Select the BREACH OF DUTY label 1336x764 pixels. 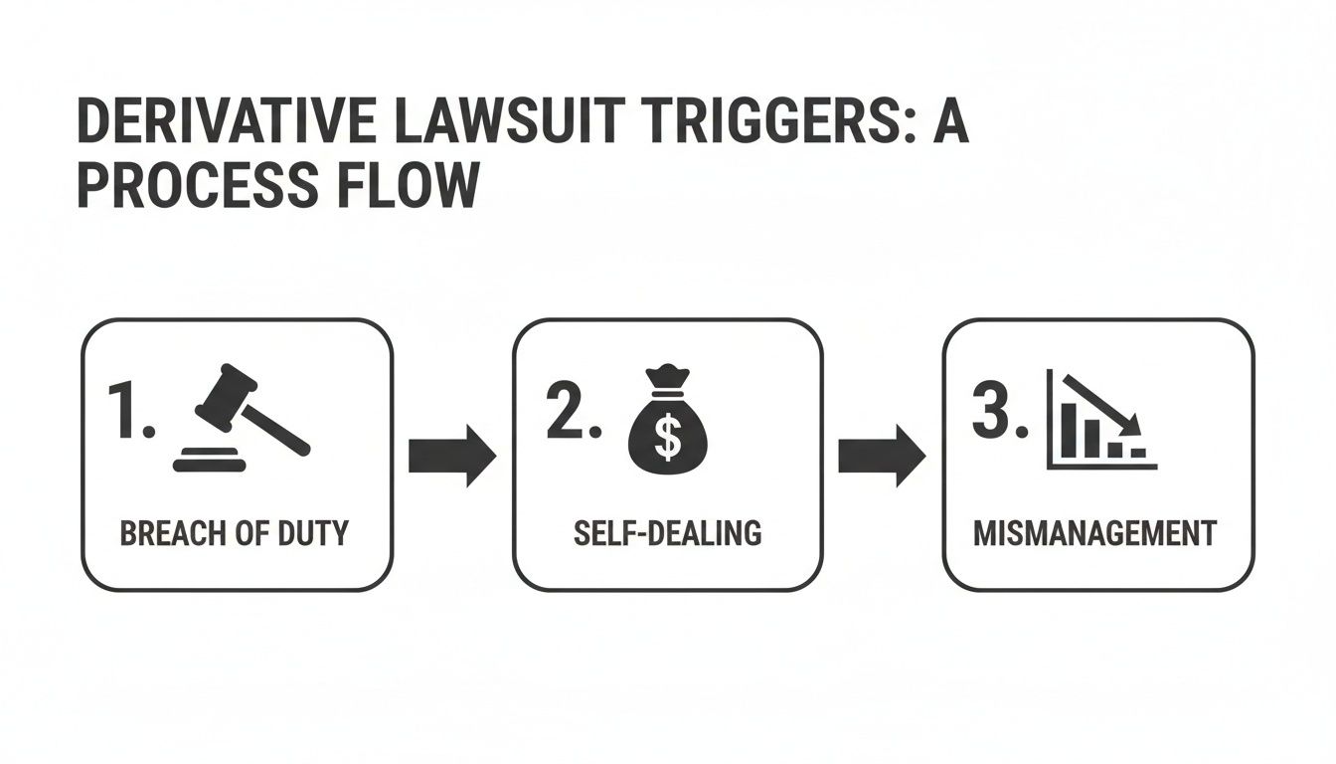235,533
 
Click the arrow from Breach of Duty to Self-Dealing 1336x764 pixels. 452,458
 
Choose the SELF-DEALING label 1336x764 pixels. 667,533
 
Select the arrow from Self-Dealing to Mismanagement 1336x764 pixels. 882,458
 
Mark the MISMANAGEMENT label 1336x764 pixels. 1094,533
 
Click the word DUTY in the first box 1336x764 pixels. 312,533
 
